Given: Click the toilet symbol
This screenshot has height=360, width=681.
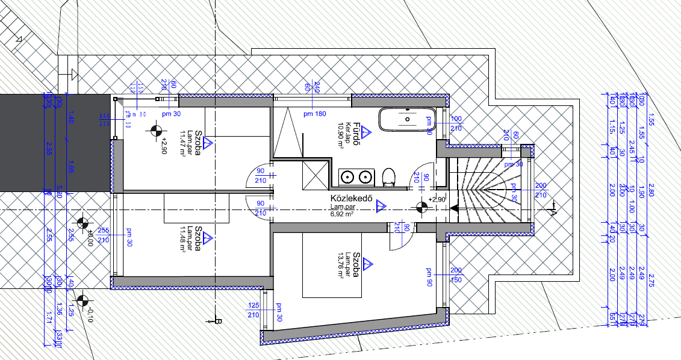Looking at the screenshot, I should click(389, 176).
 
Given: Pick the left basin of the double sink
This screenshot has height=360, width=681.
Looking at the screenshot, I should click(347, 177).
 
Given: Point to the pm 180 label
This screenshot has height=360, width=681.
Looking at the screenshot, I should click(314, 114).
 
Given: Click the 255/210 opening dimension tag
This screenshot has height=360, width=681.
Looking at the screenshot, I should click(102, 235).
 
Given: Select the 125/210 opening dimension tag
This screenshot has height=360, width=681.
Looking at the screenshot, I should click(253, 310).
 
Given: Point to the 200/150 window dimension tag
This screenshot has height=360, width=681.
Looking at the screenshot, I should click(456, 276).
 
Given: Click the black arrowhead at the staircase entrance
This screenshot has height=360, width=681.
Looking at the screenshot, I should click(455, 208).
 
